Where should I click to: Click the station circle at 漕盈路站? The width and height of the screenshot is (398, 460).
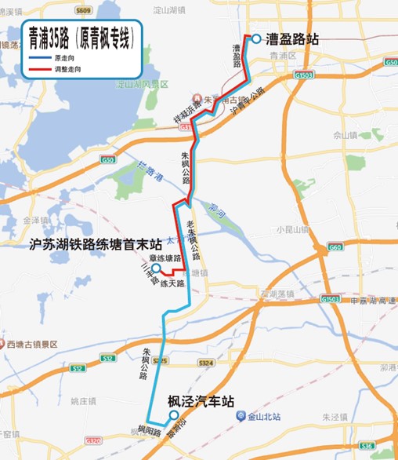click(x=255, y=38)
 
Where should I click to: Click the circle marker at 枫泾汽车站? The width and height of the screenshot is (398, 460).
click(x=174, y=416)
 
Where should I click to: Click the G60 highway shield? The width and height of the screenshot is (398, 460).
click(x=335, y=247)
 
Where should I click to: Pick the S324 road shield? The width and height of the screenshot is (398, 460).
click(x=206, y=363)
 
